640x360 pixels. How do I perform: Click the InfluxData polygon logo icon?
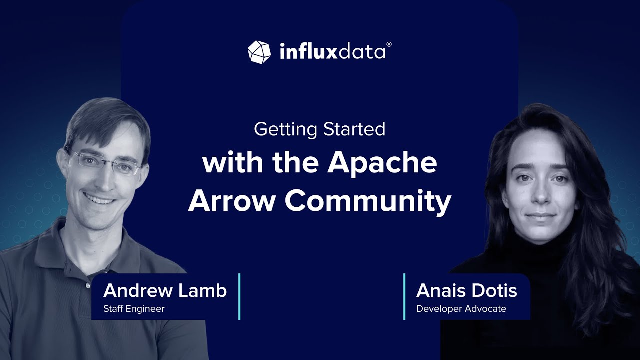point(259,52)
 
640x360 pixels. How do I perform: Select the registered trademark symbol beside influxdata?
point(389,44)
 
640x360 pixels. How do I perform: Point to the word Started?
point(354,129)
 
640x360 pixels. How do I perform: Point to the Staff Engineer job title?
point(134,309)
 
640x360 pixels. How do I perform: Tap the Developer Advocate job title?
point(461,309)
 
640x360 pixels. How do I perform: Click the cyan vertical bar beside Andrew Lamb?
point(239,296)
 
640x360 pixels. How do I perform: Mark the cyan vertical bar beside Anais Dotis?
point(404,296)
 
